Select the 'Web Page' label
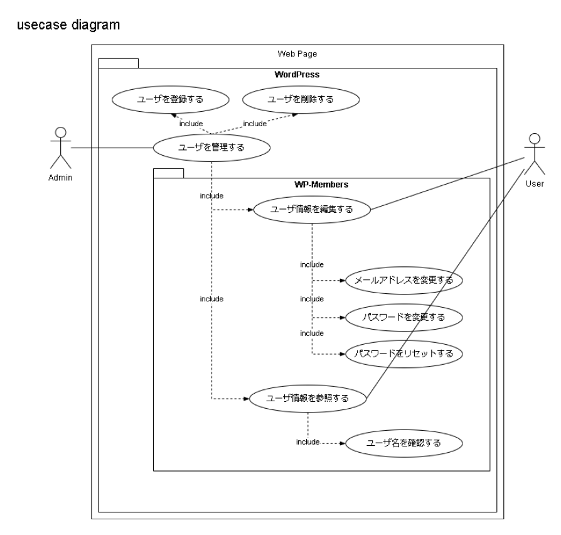297,53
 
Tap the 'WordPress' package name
297,75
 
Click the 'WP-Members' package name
321,185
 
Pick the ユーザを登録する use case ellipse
171,99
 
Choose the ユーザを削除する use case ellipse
301,99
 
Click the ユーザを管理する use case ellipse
212,148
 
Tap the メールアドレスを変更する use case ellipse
404,280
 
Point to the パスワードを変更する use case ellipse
404,317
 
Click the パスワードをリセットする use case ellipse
404,354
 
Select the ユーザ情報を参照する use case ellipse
308,397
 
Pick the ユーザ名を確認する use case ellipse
404,443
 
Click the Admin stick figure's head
61,132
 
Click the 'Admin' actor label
61,178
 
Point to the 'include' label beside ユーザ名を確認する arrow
308,443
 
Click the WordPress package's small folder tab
118,62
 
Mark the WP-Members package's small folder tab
168,173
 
